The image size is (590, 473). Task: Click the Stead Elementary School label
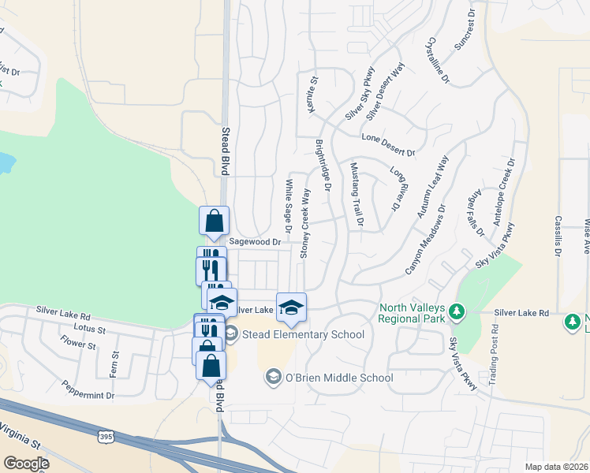(x=302, y=335)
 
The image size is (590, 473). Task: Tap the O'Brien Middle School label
(x=338, y=378)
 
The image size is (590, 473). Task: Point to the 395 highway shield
(x=106, y=437)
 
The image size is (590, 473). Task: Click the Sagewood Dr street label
(x=255, y=242)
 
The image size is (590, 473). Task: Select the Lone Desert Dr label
(x=388, y=143)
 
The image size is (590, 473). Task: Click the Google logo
(x=25, y=464)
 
